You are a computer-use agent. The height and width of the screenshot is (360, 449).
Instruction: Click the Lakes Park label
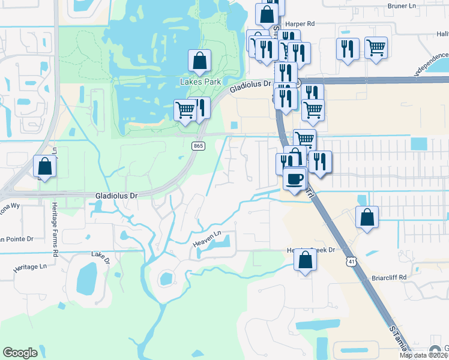201,82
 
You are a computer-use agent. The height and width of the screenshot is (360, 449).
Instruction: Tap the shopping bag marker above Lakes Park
199,61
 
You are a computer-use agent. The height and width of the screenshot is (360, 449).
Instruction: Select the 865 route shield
199,146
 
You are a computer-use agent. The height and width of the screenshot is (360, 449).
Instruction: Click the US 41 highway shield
351,261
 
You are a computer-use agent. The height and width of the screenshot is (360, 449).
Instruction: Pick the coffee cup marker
294,179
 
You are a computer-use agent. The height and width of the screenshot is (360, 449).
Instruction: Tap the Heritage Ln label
30,267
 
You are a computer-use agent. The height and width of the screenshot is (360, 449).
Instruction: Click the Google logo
20,353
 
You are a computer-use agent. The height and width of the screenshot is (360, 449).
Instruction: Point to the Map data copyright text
424,355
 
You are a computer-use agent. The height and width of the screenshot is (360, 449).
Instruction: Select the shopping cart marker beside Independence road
376,47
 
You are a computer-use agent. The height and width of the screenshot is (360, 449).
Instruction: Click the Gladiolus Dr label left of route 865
117,196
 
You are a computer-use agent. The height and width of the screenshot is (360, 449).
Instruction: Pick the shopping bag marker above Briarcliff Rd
367,217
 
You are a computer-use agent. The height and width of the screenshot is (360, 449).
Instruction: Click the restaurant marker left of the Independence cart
348,49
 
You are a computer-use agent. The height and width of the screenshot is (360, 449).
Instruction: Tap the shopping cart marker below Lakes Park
185,110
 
